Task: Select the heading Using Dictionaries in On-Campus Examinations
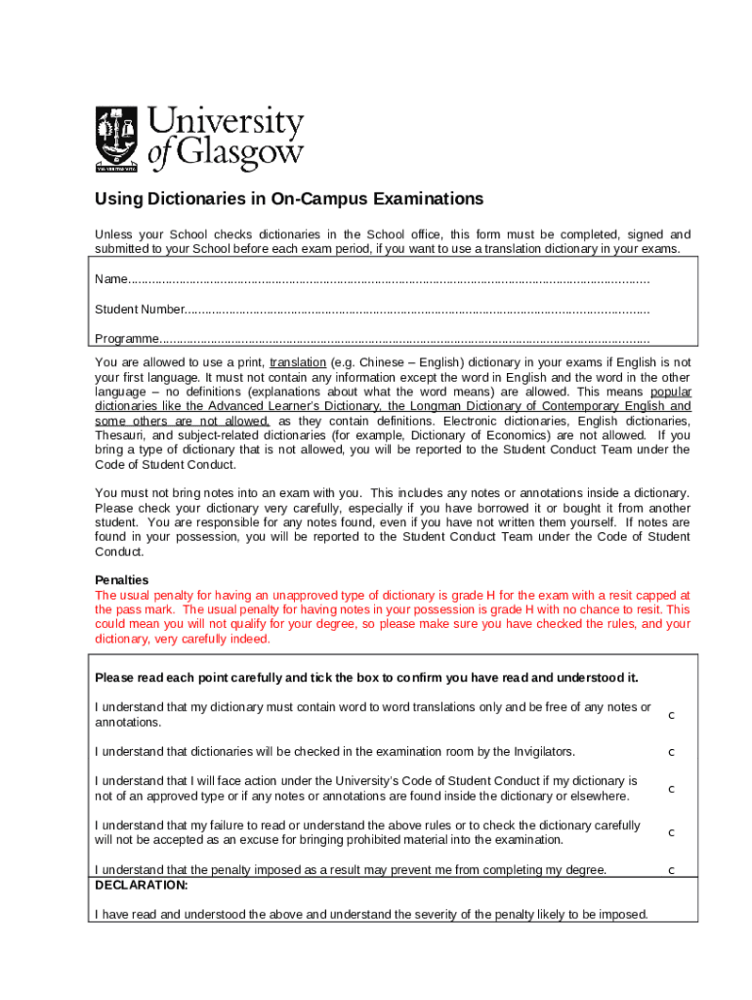pyautogui.click(x=288, y=199)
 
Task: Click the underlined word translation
pyautogui.click(x=298, y=362)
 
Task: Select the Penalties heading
pyautogui.click(x=121, y=579)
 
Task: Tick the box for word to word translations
pyautogui.click(x=671, y=716)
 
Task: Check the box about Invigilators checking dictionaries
pyautogui.click(x=671, y=752)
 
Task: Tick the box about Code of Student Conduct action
pyautogui.click(x=671, y=789)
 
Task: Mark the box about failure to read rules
pyautogui.click(x=671, y=833)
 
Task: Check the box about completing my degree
pyautogui.click(x=671, y=870)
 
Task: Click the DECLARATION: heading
pyautogui.click(x=141, y=885)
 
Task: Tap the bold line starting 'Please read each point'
pyautogui.click(x=365, y=678)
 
